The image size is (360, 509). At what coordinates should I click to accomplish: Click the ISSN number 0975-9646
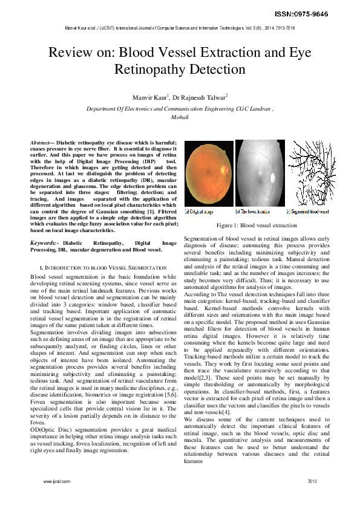(318, 13)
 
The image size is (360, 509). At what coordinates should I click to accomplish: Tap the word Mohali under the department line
(180, 117)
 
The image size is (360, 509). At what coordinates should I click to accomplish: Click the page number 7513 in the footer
(312, 482)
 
